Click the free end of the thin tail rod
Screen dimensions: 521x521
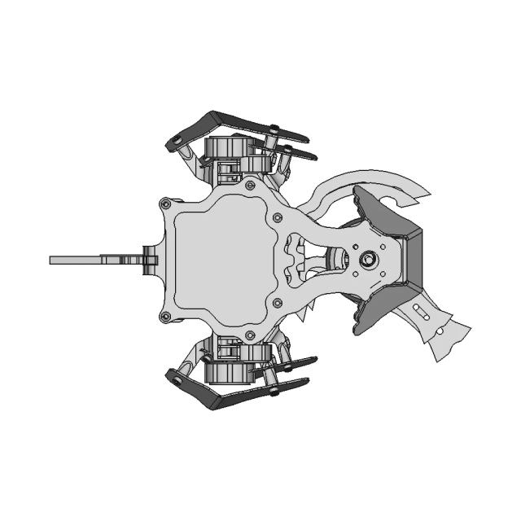[x=52, y=260]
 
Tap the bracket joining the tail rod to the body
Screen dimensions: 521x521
[x=148, y=260]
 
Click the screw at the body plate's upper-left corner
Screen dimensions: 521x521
[x=166, y=203]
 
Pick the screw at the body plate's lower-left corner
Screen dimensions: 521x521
[x=166, y=316]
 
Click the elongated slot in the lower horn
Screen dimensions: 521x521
[x=421, y=311]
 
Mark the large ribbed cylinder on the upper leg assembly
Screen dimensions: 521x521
[x=225, y=149]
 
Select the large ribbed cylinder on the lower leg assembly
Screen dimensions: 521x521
[x=225, y=371]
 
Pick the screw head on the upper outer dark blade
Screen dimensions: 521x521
[x=274, y=130]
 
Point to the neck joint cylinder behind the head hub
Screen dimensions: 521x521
[x=335, y=260]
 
